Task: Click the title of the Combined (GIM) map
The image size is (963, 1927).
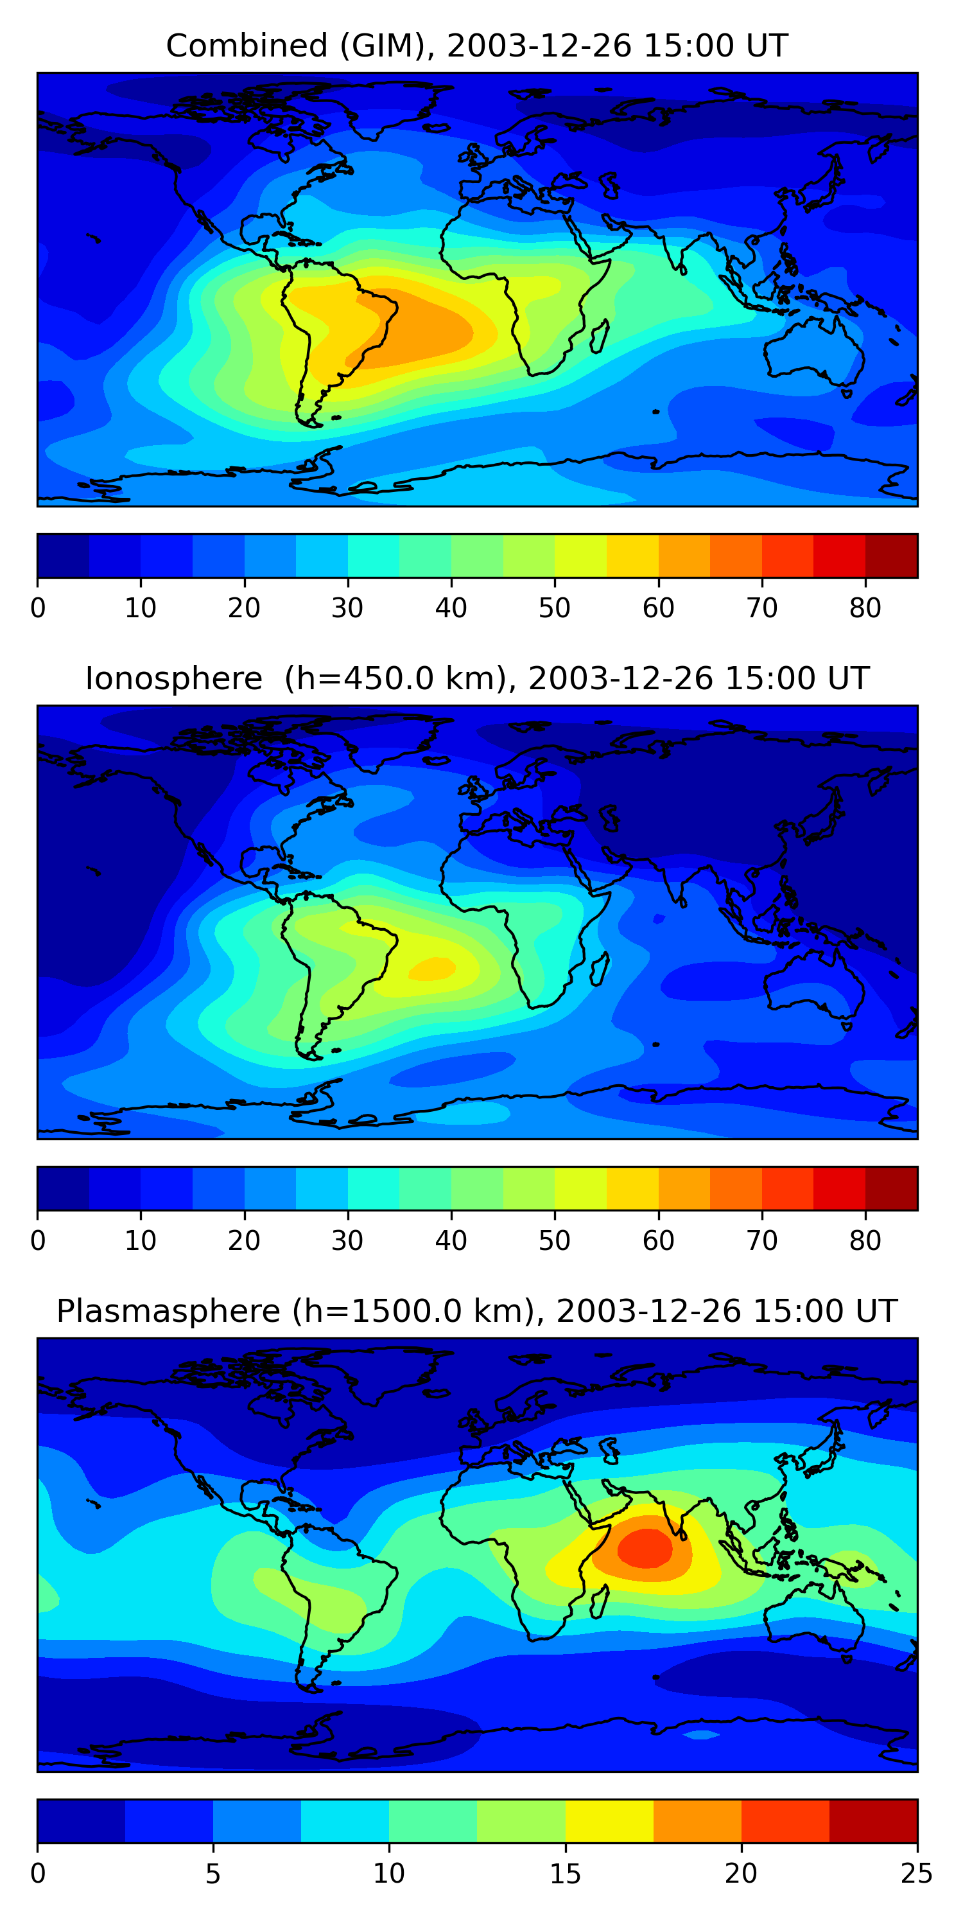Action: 477,46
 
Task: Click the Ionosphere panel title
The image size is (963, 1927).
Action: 477,678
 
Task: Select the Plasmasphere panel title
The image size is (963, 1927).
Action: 477,1312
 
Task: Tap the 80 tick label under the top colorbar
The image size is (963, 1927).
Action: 865,608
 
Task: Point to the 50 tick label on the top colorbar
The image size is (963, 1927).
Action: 554,608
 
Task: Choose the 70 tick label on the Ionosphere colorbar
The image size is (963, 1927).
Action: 762,1241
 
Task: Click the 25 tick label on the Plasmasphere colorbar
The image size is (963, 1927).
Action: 916,1874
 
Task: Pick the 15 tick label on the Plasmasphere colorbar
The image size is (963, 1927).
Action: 565,1874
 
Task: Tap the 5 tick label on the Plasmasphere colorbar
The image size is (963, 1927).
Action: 213,1874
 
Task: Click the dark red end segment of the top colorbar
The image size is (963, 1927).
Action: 891,556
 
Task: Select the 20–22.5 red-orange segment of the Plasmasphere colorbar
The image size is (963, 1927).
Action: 785,1822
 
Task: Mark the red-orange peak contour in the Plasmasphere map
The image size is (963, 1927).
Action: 645,1547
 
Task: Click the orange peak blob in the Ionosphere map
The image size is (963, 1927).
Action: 432,969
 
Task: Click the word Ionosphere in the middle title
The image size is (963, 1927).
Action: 173,678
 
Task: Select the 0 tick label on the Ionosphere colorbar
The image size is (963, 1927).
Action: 38,1241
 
